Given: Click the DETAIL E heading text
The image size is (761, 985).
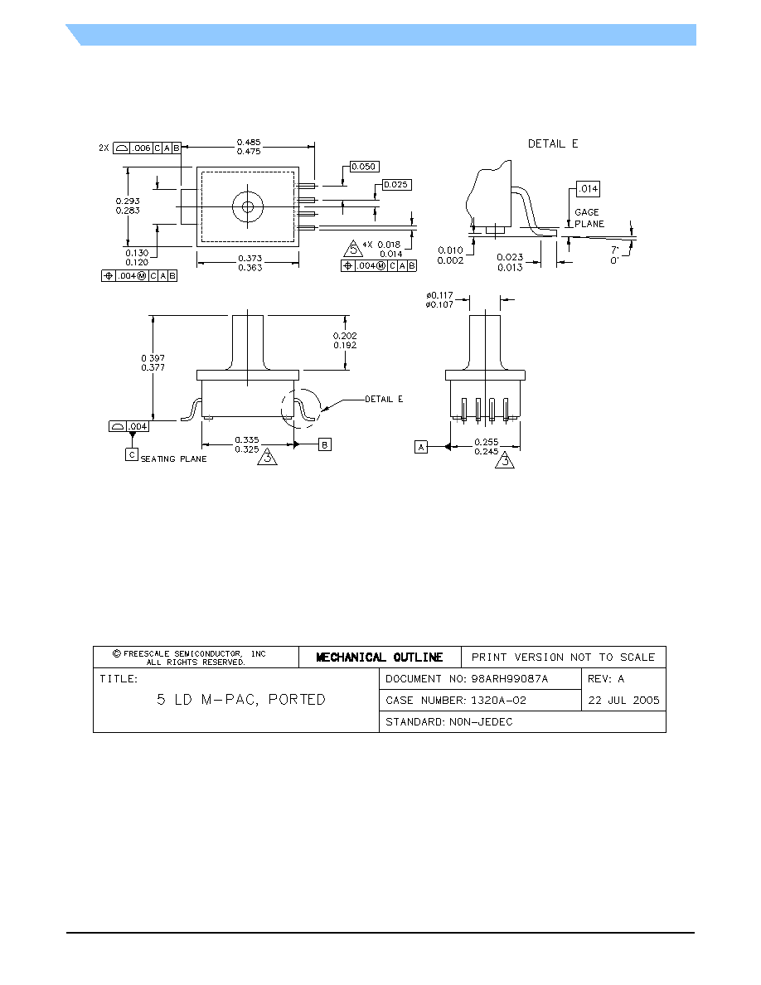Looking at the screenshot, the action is point(553,144).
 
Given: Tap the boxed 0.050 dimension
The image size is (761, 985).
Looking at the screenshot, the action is point(364,167).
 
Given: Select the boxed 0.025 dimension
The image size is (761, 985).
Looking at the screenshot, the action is point(396,185).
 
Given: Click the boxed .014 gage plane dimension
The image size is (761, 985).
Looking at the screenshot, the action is point(588,188).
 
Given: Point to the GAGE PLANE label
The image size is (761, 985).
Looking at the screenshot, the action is point(589,218).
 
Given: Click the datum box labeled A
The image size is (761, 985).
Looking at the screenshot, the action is point(421,447).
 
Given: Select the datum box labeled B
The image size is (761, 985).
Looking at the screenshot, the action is point(325,444).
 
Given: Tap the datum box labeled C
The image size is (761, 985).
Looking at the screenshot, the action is point(131,455).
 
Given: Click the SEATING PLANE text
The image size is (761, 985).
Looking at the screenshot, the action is point(174,459).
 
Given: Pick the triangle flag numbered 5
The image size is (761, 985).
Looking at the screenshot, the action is point(353,249).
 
